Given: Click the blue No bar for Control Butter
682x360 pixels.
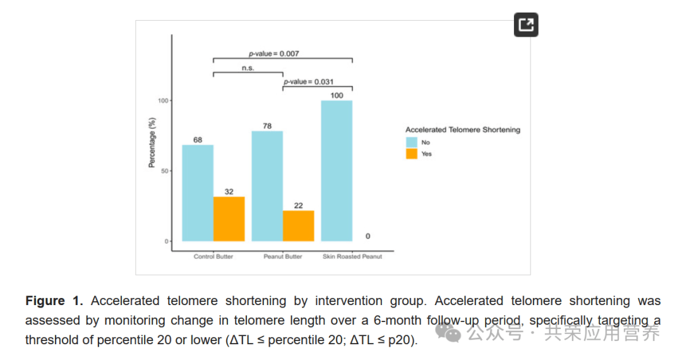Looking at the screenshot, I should click(198, 193).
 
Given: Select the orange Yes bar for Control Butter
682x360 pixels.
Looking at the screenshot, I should click(229, 219).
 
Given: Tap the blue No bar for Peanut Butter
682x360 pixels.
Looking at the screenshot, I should click(267, 186).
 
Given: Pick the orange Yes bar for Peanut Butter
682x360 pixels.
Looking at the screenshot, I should click(298, 226).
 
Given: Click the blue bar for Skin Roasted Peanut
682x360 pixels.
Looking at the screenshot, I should click(337, 171).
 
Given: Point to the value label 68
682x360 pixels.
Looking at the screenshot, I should click(198, 140).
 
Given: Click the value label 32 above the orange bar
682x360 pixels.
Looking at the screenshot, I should click(229, 191).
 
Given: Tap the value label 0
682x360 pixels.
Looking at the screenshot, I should click(368, 236).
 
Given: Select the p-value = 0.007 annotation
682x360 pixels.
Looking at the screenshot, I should click(273, 54).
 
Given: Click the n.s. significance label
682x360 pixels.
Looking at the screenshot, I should click(248, 68).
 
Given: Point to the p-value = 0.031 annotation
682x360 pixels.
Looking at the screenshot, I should click(308, 81).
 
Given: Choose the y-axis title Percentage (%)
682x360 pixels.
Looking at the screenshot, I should click(152, 142).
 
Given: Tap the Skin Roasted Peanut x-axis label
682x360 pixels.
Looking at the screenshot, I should click(352, 256).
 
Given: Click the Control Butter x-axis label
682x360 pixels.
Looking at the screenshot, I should click(213, 256).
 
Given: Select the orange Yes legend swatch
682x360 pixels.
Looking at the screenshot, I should click(412, 153).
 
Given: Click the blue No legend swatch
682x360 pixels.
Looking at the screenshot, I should click(412, 142).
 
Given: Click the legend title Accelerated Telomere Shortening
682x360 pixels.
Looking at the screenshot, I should click(463, 129).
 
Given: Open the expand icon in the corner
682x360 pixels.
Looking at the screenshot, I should click(525, 25).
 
